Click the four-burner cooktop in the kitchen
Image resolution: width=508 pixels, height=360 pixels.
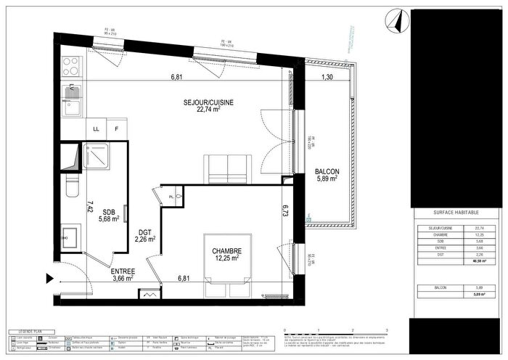click(70, 66)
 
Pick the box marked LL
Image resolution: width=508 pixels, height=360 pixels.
click(96, 129)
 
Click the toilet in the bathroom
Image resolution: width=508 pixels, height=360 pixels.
click(70, 187)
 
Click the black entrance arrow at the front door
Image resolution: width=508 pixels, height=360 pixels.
click(49, 278)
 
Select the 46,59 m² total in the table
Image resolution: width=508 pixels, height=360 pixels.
click(478, 261)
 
